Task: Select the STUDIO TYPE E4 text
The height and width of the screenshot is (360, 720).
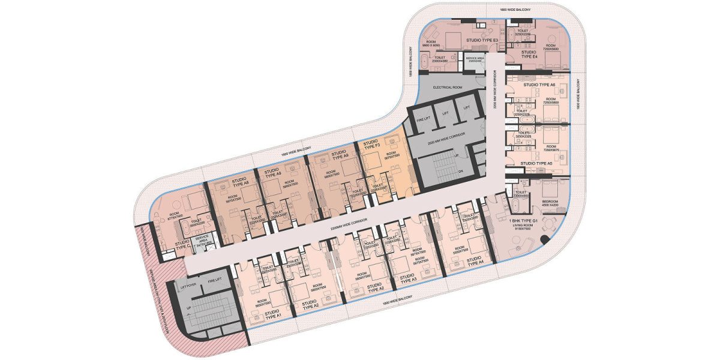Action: click(529, 56)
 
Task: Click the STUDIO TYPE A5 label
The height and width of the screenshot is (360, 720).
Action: click(536, 163)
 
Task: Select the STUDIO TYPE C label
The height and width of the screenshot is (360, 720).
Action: click(183, 245)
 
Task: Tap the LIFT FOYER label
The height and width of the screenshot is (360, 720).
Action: click(188, 287)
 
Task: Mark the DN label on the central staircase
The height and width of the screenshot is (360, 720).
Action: click(460, 170)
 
